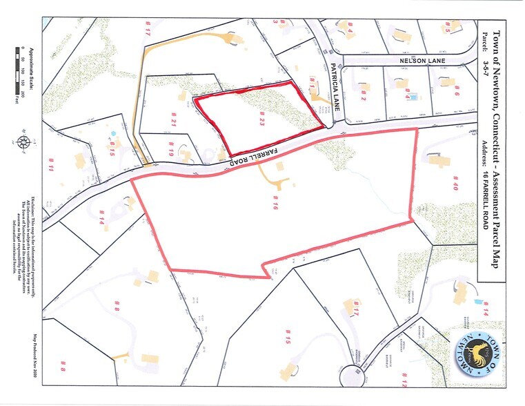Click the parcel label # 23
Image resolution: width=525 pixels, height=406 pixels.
(x=262, y=122)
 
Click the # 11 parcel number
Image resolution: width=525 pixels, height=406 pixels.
(x=52, y=166)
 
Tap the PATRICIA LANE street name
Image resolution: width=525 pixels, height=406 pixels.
(x=333, y=90)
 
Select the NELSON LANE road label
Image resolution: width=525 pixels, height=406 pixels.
(x=423, y=61)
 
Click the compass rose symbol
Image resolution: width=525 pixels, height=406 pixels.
(x=25, y=143)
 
